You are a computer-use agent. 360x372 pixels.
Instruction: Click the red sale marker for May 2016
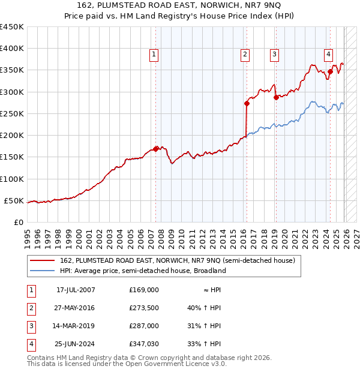(x=247, y=103)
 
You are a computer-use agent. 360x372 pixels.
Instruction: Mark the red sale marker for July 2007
(x=156, y=149)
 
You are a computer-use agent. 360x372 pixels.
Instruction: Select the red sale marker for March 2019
(x=275, y=97)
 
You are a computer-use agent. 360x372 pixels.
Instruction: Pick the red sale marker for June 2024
(x=330, y=71)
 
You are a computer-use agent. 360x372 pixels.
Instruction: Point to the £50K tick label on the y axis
(x=14, y=200)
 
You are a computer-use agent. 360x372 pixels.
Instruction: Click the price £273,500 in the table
(x=143, y=308)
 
